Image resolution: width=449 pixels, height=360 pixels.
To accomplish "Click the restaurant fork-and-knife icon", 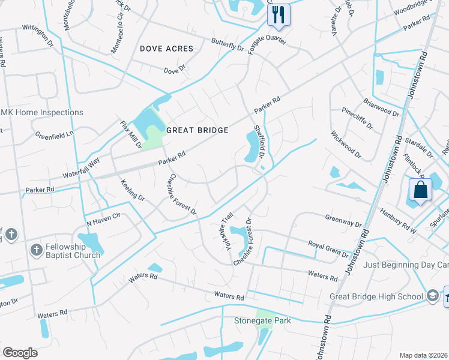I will click(278, 14).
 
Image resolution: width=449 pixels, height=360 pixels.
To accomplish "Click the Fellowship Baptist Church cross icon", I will click(36, 249).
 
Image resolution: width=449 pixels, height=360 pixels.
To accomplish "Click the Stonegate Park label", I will click(262, 321).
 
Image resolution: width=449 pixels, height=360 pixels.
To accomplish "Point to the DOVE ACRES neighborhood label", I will click(167, 49).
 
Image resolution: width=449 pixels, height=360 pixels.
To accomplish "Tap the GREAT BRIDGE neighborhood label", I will click(197, 130).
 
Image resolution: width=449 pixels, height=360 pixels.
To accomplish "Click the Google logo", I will click(20, 353).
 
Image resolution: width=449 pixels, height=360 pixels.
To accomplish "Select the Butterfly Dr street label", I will click(228, 44).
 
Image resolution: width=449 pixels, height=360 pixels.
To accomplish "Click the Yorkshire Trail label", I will click(222, 238).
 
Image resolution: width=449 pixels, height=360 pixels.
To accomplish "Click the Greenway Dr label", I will click(343, 221).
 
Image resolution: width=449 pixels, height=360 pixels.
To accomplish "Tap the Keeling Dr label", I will click(133, 189).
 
